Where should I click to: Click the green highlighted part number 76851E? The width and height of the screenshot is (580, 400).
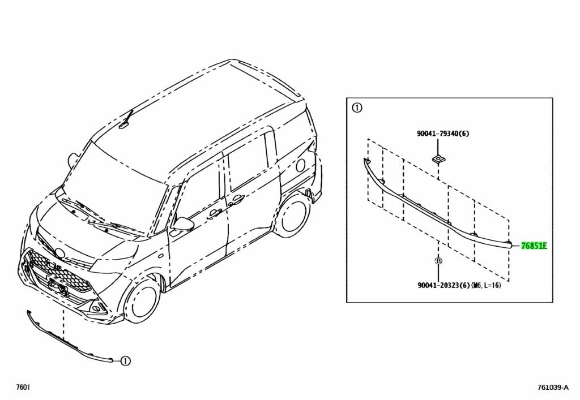[534, 246]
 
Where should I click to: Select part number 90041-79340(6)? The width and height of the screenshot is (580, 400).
[443, 134]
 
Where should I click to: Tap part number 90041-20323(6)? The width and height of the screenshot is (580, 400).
[443, 286]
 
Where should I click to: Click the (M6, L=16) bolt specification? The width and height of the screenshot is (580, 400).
[486, 286]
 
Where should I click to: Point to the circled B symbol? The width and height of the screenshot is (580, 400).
[438, 261]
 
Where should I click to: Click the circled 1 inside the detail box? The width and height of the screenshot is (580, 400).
[357, 108]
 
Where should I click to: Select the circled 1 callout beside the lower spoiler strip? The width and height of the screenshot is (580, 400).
[125, 361]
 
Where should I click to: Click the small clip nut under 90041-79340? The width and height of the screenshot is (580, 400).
[438, 160]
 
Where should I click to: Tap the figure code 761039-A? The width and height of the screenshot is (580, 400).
[553, 388]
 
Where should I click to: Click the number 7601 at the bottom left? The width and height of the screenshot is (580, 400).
[23, 387]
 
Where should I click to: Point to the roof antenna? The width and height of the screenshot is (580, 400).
[126, 120]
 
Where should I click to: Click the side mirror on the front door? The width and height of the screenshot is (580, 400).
[183, 225]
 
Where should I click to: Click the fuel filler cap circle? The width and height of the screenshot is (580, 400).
[300, 165]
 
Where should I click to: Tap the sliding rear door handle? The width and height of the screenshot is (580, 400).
[236, 200]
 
